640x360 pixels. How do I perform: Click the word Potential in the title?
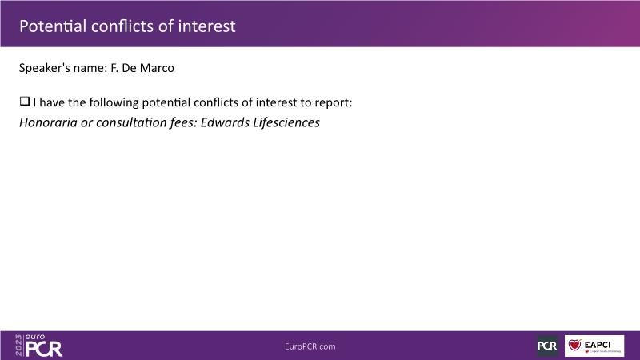click(x=53, y=26)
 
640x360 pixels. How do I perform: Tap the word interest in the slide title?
click(x=206, y=26)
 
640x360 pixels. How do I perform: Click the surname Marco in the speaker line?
click(x=157, y=68)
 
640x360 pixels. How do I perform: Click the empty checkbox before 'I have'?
click(x=25, y=102)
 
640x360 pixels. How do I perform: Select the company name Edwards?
click(x=225, y=122)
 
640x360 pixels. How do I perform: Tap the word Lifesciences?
click(x=286, y=122)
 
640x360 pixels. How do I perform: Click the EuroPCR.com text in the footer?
click(x=310, y=346)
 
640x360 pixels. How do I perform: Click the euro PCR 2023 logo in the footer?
click(x=38, y=346)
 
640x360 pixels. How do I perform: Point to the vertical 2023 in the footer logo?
click(x=18, y=346)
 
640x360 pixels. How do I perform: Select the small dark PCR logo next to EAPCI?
click(x=547, y=346)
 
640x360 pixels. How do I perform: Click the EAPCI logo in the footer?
click(x=594, y=346)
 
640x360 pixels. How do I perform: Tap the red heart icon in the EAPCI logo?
click(x=574, y=345)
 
